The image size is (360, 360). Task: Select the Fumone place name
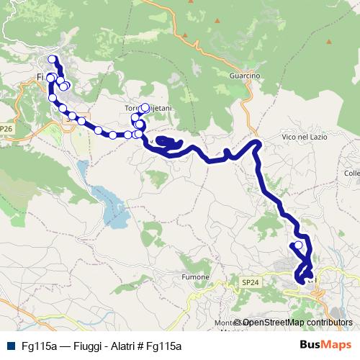[196, 276]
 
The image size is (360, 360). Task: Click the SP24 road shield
[250, 283]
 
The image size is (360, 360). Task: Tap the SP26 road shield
[6, 129]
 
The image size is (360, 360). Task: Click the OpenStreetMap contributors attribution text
[297, 323]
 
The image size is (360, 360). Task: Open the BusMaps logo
[325, 346]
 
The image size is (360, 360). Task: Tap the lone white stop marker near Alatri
[298, 246]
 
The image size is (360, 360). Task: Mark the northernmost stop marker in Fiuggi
[52, 60]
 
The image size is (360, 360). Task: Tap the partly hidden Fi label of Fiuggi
[40, 76]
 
